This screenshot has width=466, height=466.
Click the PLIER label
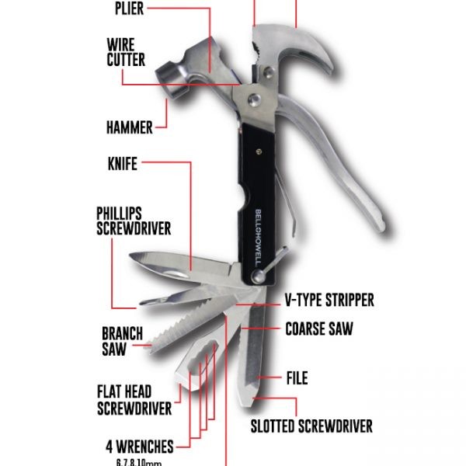coord(129,9)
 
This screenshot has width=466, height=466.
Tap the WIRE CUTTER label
coord(126,51)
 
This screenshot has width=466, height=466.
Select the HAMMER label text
coord(129,125)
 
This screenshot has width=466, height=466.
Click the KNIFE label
coord(122,163)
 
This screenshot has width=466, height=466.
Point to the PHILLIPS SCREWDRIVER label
coord(134,221)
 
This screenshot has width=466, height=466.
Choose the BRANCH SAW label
coord(123,341)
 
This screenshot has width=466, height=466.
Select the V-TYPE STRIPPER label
coord(329,299)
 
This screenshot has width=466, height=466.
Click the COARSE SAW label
coord(318,329)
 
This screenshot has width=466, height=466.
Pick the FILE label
coord(297,378)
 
